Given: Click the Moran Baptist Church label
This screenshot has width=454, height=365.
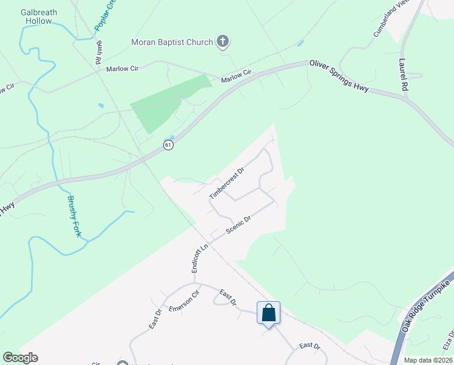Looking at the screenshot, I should [172, 42].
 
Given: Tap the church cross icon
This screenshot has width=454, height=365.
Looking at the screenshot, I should [223, 42].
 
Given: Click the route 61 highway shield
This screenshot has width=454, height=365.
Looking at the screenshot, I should [168, 145].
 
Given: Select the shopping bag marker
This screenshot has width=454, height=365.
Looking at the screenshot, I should [269, 313].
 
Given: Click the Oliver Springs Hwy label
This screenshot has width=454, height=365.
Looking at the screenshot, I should [339, 75].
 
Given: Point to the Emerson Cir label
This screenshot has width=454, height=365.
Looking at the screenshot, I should [184, 301].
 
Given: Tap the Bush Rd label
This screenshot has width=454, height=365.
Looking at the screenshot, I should [98, 54].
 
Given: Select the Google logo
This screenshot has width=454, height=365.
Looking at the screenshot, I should [20, 358].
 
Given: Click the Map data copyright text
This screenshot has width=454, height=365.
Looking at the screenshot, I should [428, 360].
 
